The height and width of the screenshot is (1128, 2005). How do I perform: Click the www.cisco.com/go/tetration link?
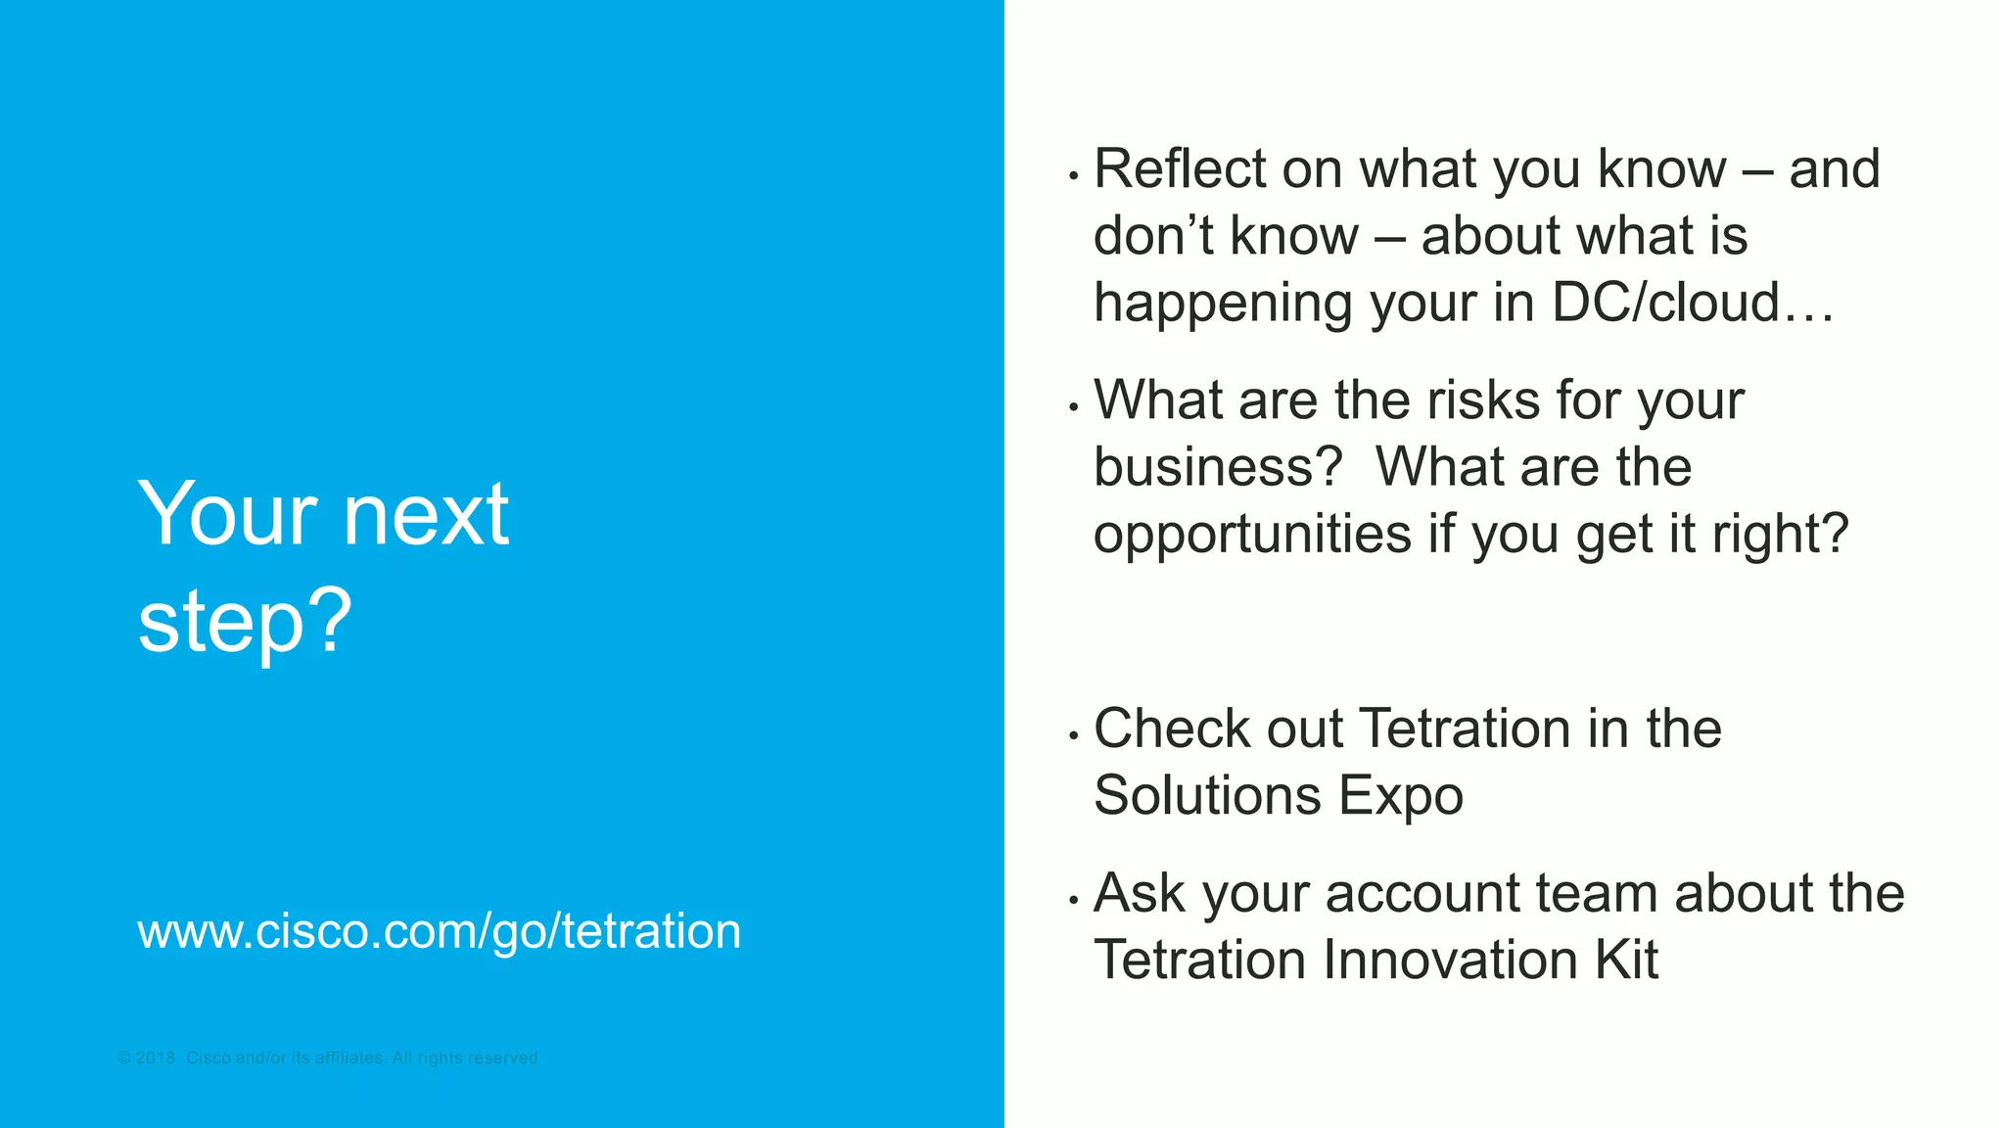point(439,930)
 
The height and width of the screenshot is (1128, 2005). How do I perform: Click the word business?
point(1218,467)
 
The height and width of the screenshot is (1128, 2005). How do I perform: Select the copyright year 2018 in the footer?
point(155,1058)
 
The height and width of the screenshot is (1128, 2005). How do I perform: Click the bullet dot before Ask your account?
point(1074,900)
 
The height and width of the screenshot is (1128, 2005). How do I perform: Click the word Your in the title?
point(227,514)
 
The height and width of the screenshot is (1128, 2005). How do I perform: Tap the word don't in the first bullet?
point(1152,236)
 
